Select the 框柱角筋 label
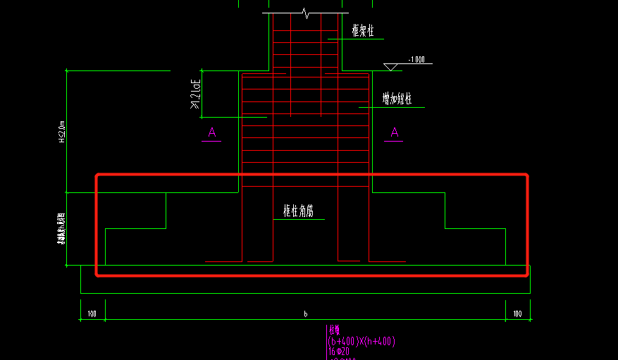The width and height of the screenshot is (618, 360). (x=299, y=211)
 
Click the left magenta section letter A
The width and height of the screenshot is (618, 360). (x=211, y=132)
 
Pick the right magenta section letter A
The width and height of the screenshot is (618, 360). (x=395, y=132)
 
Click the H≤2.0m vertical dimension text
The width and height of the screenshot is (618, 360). (x=61, y=132)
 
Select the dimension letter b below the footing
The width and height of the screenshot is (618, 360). (x=305, y=314)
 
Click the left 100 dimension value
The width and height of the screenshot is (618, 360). (x=92, y=314)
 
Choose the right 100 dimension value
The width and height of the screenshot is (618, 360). (x=517, y=314)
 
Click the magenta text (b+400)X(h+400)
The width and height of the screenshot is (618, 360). (x=361, y=342)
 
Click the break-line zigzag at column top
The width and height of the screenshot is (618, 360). (x=304, y=13)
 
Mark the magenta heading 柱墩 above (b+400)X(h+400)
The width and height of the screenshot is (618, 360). (x=335, y=330)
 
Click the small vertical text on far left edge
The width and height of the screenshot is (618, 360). (x=61, y=229)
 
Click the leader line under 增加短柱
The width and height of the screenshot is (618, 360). (x=391, y=107)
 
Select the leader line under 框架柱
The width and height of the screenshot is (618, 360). (x=363, y=39)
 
